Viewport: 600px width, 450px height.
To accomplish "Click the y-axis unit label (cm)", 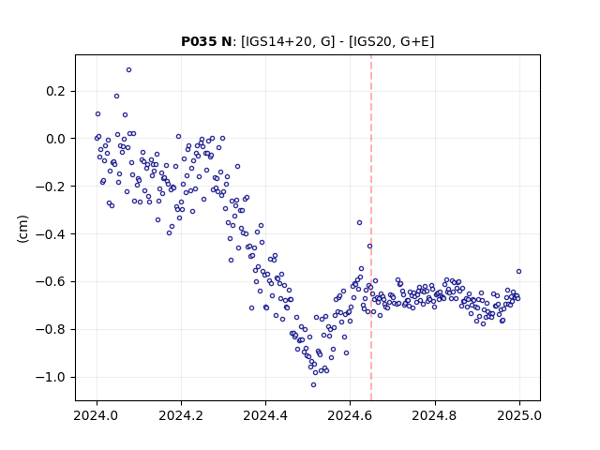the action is [22, 229].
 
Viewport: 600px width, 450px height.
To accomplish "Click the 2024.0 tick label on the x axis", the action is [97, 415].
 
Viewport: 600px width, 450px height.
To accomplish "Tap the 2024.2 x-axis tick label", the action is [181, 415].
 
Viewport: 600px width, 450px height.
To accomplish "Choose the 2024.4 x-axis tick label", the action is [265, 415].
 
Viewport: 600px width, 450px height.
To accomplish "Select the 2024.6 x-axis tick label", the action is [350, 415].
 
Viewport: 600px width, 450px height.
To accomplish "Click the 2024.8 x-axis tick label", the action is [435, 415].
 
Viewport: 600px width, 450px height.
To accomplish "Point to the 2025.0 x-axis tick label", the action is [519, 415].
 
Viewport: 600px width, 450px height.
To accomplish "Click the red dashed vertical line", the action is [371, 228].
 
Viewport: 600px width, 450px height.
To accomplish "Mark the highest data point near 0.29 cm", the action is [129, 70].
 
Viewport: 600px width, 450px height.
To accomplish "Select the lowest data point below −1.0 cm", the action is [313, 385].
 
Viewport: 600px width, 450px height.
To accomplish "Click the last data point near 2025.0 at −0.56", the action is [518, 272].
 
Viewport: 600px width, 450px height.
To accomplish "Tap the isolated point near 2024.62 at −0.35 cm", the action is [359, 223].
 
